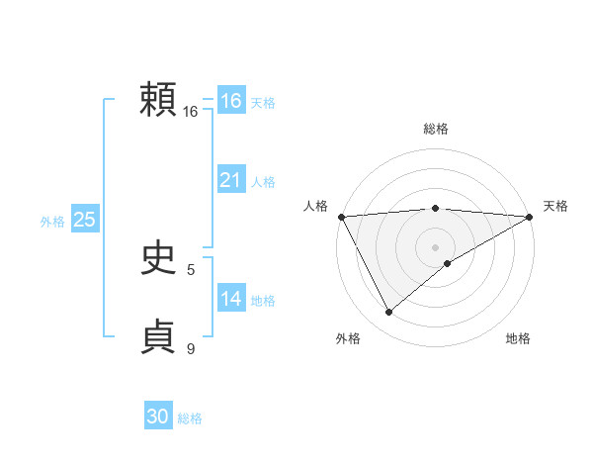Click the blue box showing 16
point(230,101)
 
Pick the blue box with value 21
point(230,180)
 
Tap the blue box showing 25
point(85,220)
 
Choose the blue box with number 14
point(230,299)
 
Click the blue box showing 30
point(158,417)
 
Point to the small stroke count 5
point(191,269)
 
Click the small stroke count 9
point(191,348)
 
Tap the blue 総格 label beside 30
point(190,418)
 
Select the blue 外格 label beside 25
point(52,222)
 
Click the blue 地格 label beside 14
point(263,301)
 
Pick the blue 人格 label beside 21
point(263,182)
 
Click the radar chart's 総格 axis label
point(435,129)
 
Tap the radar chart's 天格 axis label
point(555,206)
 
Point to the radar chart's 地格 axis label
point(518,339)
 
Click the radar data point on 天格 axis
point(530,216)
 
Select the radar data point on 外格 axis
point(388,313)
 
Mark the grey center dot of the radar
point(435,246)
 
